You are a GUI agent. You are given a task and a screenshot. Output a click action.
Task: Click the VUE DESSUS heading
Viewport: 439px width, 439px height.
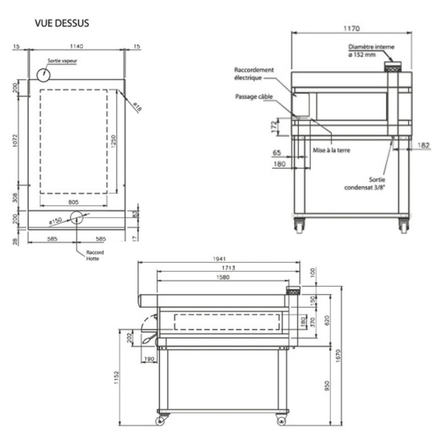pos(62,24)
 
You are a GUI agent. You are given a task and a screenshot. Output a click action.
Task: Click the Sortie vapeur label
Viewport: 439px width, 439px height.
pos(61,61)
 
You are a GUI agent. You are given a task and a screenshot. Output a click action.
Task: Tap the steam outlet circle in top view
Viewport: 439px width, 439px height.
pos(43,74)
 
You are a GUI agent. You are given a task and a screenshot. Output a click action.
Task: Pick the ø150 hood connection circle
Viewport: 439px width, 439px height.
pos(76,218)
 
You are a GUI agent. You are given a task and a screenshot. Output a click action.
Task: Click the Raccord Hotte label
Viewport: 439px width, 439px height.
pos(95,255)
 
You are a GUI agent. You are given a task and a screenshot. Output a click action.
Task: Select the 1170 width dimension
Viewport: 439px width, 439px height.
pos(351,28)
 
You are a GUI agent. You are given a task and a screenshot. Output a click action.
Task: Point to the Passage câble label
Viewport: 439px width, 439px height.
pos(254,97)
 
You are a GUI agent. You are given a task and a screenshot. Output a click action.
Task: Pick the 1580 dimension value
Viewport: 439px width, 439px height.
pos(219,278)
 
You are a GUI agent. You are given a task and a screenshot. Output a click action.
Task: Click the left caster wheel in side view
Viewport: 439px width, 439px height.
pos(161,421)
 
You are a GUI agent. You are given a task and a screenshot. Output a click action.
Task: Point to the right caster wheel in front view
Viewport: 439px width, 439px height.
pos(403,226)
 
